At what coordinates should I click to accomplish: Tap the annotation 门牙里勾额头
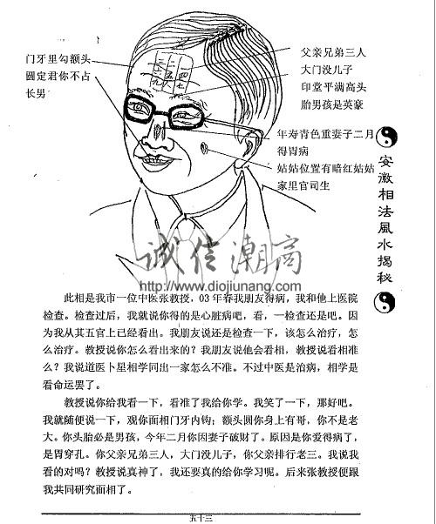coord(58,58)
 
